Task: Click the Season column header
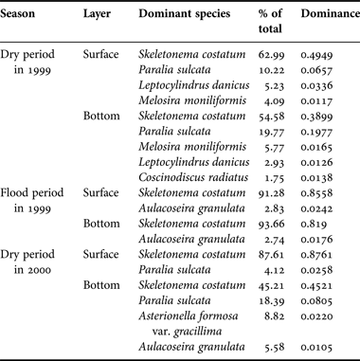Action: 24,18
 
